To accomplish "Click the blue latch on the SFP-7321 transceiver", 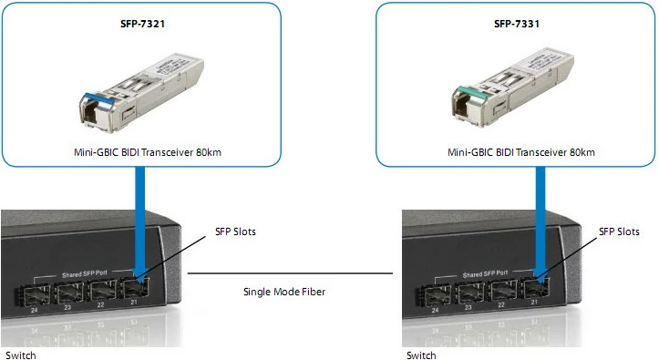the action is tap(94, 97).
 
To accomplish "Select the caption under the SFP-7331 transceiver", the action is tap(516, 152).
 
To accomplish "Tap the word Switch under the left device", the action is tap(20, 355).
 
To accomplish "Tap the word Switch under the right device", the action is tap(421, 355).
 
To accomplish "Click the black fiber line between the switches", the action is tap(290, 272).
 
